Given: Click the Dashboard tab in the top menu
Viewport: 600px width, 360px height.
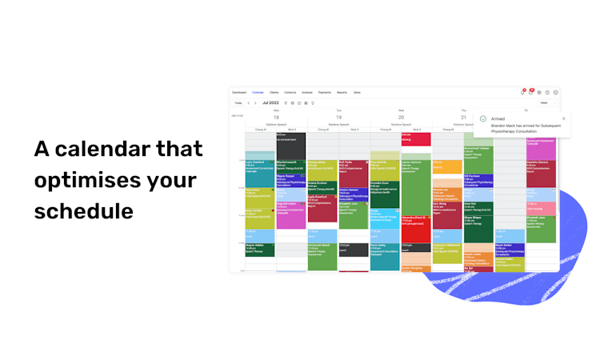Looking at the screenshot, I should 239,92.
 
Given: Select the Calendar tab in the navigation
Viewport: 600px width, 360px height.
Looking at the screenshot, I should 258,92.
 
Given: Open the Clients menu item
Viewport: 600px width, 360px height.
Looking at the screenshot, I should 274,92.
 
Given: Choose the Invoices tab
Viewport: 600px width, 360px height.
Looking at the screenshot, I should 307,92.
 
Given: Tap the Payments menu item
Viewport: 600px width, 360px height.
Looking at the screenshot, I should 325,92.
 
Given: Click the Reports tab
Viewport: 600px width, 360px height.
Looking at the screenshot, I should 342,92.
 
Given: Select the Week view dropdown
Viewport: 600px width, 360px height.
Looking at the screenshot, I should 545,102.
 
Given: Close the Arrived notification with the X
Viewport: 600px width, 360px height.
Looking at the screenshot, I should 563,118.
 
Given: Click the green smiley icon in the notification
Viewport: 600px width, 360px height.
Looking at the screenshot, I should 483,119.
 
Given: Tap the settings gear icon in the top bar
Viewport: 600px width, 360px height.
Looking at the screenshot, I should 538,92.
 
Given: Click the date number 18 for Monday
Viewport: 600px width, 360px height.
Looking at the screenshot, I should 276,117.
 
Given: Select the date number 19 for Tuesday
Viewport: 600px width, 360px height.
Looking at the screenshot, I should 338,117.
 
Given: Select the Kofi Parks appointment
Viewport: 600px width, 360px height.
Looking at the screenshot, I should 353,167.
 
